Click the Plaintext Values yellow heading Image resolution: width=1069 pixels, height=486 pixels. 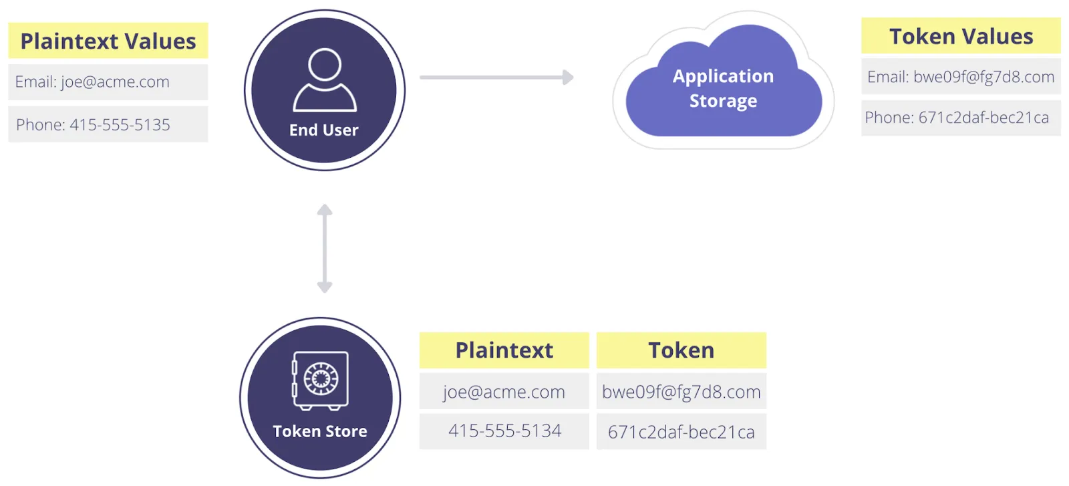tap(108, 41)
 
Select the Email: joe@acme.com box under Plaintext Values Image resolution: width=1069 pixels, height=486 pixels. tap(108, 82)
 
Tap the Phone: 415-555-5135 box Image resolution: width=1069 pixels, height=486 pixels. tap(108, 124)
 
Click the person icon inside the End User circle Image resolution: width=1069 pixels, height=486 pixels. tap(325, 80)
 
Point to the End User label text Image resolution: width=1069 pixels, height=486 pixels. tap(323, 130)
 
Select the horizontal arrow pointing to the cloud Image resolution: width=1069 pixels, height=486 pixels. tap(496, 78)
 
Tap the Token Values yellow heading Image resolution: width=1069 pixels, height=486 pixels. tap(960, 36)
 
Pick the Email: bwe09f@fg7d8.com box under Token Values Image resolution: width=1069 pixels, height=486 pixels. tap(960, 77)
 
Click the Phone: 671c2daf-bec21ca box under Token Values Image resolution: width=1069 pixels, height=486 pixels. tap(960, 118)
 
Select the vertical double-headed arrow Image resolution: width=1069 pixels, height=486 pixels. tap(325, 249)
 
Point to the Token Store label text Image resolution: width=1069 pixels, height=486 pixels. tap(319, 431)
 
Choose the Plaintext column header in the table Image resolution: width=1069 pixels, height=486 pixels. tap(504, 350)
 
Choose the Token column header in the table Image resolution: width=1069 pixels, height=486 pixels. tap(681, 350)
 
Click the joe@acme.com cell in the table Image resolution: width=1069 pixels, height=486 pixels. tap(504, 391)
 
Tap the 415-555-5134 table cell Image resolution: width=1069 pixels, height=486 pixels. tap(504, 431)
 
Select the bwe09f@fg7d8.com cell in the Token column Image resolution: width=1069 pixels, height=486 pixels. tap(681, 391)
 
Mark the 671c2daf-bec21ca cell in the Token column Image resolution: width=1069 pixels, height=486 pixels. tap(681, 432)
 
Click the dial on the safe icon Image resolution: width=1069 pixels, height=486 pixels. tap(321, 379)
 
